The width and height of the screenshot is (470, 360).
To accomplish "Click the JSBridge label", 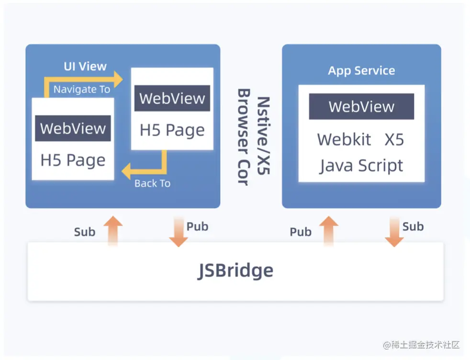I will (235, 271).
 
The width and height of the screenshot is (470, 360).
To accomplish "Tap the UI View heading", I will (85, 67).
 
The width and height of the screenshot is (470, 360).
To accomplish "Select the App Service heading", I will (361, 71).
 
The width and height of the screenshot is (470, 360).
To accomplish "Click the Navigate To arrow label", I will (82, 90).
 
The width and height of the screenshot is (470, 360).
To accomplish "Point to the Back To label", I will (152, 183).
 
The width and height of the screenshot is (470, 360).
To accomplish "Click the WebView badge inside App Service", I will (361, 106).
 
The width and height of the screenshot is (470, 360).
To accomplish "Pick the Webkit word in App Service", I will (344, 140).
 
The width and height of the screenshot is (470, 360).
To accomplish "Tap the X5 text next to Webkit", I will (394, 140).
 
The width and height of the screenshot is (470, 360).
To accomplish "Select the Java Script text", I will (361, 166).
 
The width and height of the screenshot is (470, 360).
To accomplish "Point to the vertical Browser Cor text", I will (244, 137).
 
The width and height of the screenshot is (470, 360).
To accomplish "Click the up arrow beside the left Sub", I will (113, 231).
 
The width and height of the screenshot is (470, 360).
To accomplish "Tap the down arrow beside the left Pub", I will (179, 232).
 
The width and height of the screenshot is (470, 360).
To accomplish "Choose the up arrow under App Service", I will (328, 231).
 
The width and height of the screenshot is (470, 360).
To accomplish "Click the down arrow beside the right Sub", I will (394, 232).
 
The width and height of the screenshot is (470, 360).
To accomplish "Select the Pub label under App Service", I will (301, 232).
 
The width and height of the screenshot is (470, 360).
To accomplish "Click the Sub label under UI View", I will (85, 232).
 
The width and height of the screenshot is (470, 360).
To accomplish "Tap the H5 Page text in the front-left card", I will (73, 160).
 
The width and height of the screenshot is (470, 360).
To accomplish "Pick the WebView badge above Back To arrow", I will (172, 98).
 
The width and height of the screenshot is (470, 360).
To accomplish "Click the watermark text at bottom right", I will (421, 345).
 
